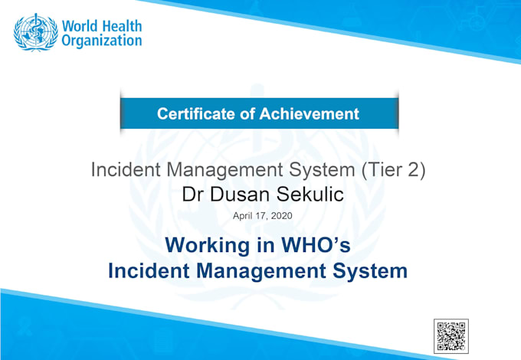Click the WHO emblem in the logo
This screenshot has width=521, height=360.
tap(35, 32)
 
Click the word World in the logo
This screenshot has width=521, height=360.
tap(80, 26)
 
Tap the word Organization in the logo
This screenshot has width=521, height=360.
tap(102, 41)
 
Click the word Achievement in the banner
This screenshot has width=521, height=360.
tap(310, 113)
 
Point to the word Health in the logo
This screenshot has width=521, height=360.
tap(121, 26)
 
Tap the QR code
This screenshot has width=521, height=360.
tap(451, 336)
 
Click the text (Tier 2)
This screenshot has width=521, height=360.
tap(393, 170)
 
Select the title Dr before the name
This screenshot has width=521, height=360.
tap(192, 194)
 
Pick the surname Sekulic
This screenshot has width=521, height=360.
tap(310, 194)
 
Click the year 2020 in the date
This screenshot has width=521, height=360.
tap(281, 216)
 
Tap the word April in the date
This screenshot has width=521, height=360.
tap(243, 216)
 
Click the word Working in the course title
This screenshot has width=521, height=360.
tap(208, 246)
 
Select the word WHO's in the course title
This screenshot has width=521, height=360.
tap(316, 245)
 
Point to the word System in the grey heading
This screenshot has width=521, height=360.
tap(322, 170)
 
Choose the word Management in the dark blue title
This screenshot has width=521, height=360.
tap(261, 271)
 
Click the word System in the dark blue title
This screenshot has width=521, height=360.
tap(370, 271)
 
